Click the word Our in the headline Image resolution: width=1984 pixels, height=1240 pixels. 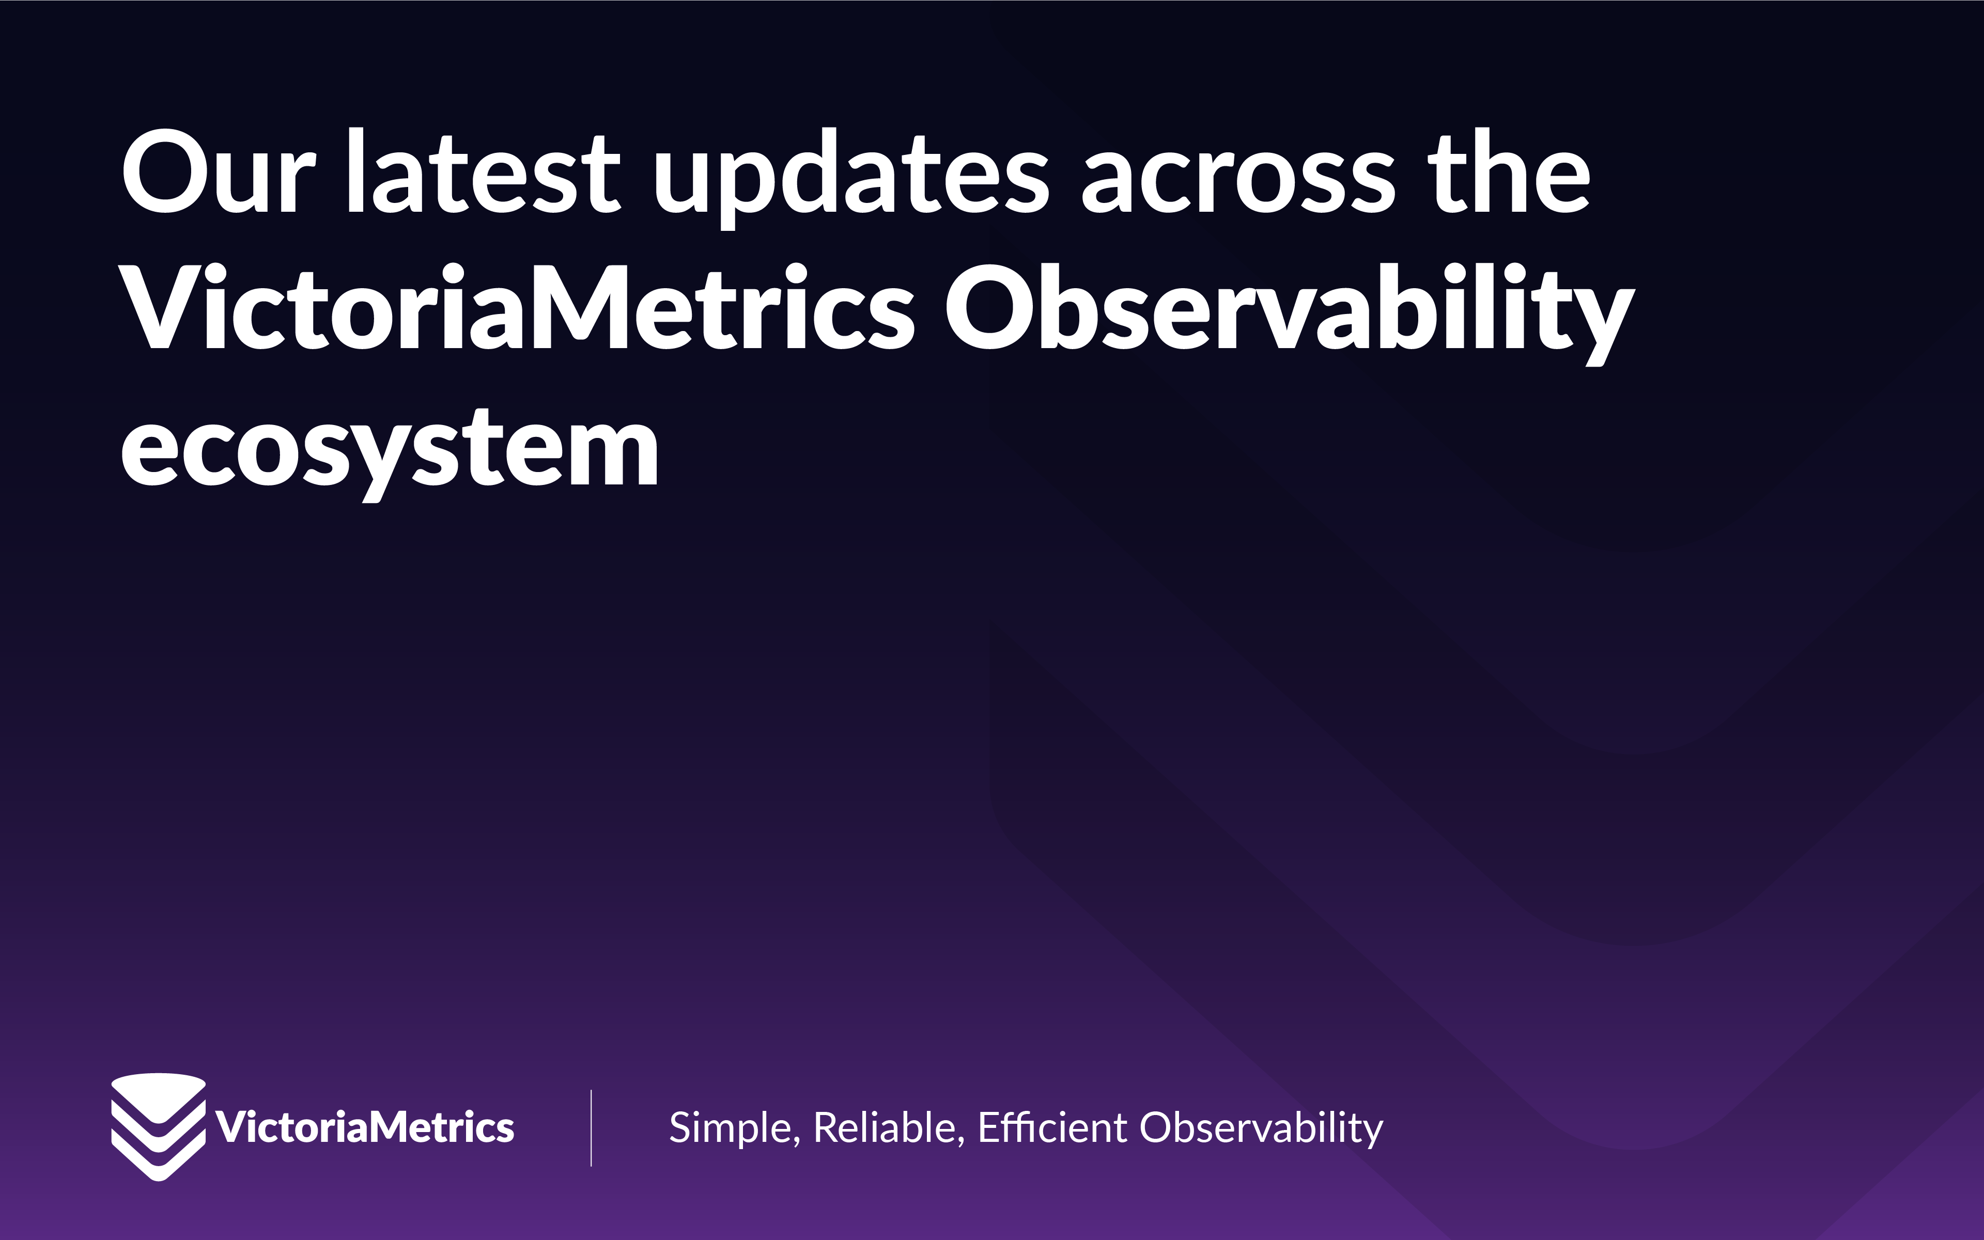[218, 174]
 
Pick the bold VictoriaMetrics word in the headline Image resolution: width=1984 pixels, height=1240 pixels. [517, 307]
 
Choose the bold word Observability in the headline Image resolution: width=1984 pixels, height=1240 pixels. [1288, 310]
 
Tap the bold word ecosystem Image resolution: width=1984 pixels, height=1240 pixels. [390, 449]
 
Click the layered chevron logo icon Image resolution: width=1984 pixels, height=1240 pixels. [159, 1126]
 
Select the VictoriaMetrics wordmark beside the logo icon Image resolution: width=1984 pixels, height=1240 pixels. [365, 1127]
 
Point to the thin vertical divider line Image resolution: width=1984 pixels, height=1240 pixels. [591, 1127]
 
